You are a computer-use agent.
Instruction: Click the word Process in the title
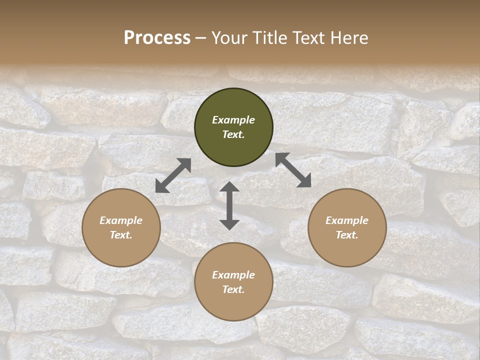pos(157,38)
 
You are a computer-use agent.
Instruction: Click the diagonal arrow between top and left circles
pos(173,175)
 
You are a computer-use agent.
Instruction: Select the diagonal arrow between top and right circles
pos(293,170)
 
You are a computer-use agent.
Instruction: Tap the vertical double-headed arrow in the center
pos(229,206)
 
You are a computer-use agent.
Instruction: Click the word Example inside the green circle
pos(233,120)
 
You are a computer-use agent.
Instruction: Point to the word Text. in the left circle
pos(121,235)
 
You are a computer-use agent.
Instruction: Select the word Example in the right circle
pos(347,220)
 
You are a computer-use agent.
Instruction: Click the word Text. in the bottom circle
pos(233,289)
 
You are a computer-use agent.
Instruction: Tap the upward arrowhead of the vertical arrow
pos(229,187)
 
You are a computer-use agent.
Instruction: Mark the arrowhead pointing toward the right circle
pos(304,181)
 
